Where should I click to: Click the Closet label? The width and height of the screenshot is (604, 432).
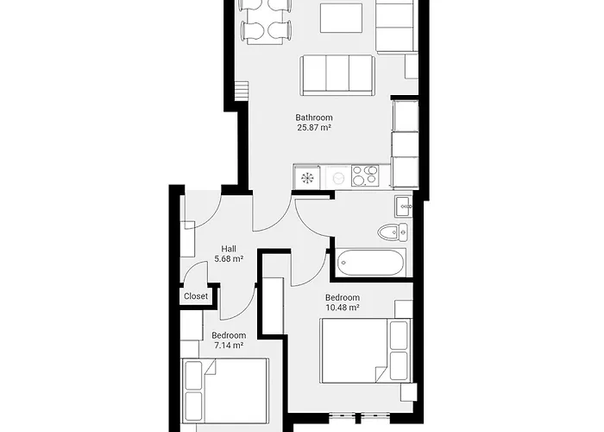tap(196, 296)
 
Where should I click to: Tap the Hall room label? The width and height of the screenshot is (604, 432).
tap(229, 248)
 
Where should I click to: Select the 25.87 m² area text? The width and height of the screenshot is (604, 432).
tap(314, 128)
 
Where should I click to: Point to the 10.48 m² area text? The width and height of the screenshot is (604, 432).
tap(343, 308)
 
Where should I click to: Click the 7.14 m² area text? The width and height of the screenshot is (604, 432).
tap(229, 346)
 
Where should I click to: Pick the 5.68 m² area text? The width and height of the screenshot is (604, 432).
tap(229, 258)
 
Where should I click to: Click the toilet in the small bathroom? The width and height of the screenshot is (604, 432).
tap(393, 231)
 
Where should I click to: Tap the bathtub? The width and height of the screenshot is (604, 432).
tap(370, 262)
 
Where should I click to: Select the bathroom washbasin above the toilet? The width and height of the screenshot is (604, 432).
tap(404, 206)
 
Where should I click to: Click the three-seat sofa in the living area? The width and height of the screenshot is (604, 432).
tap(337, 75)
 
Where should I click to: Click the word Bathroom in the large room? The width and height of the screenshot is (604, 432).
tap(314, 118)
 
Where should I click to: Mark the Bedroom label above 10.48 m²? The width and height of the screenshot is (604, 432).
tap(343, 297)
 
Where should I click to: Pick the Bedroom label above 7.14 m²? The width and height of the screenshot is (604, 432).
tap(229, 335)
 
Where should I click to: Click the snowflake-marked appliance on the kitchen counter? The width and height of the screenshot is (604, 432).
tap(306, 177)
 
